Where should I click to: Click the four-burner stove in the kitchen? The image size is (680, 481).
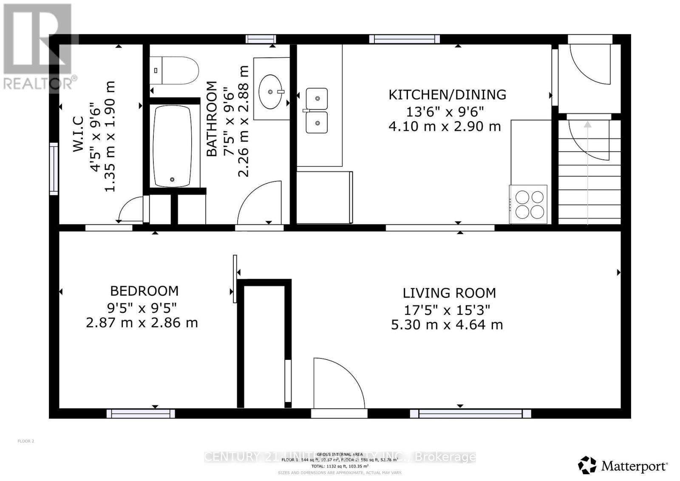click(x=529, y=204)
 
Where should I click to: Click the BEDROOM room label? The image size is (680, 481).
click(x=144, y=291)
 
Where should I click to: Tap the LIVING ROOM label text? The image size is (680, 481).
click(x=449, y=293)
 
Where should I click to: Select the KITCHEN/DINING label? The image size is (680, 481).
click(x=447, y=94)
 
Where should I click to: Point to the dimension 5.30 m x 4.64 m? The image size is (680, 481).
click(x=447, y=325)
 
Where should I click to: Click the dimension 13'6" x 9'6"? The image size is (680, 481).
click(x=445, y=112)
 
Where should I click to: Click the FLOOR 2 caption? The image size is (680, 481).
click(x=26, y=441)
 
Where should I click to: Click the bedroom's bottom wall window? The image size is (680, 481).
click(x=141, y=413)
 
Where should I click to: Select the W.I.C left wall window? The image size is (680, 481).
click(x=54, y=169)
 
